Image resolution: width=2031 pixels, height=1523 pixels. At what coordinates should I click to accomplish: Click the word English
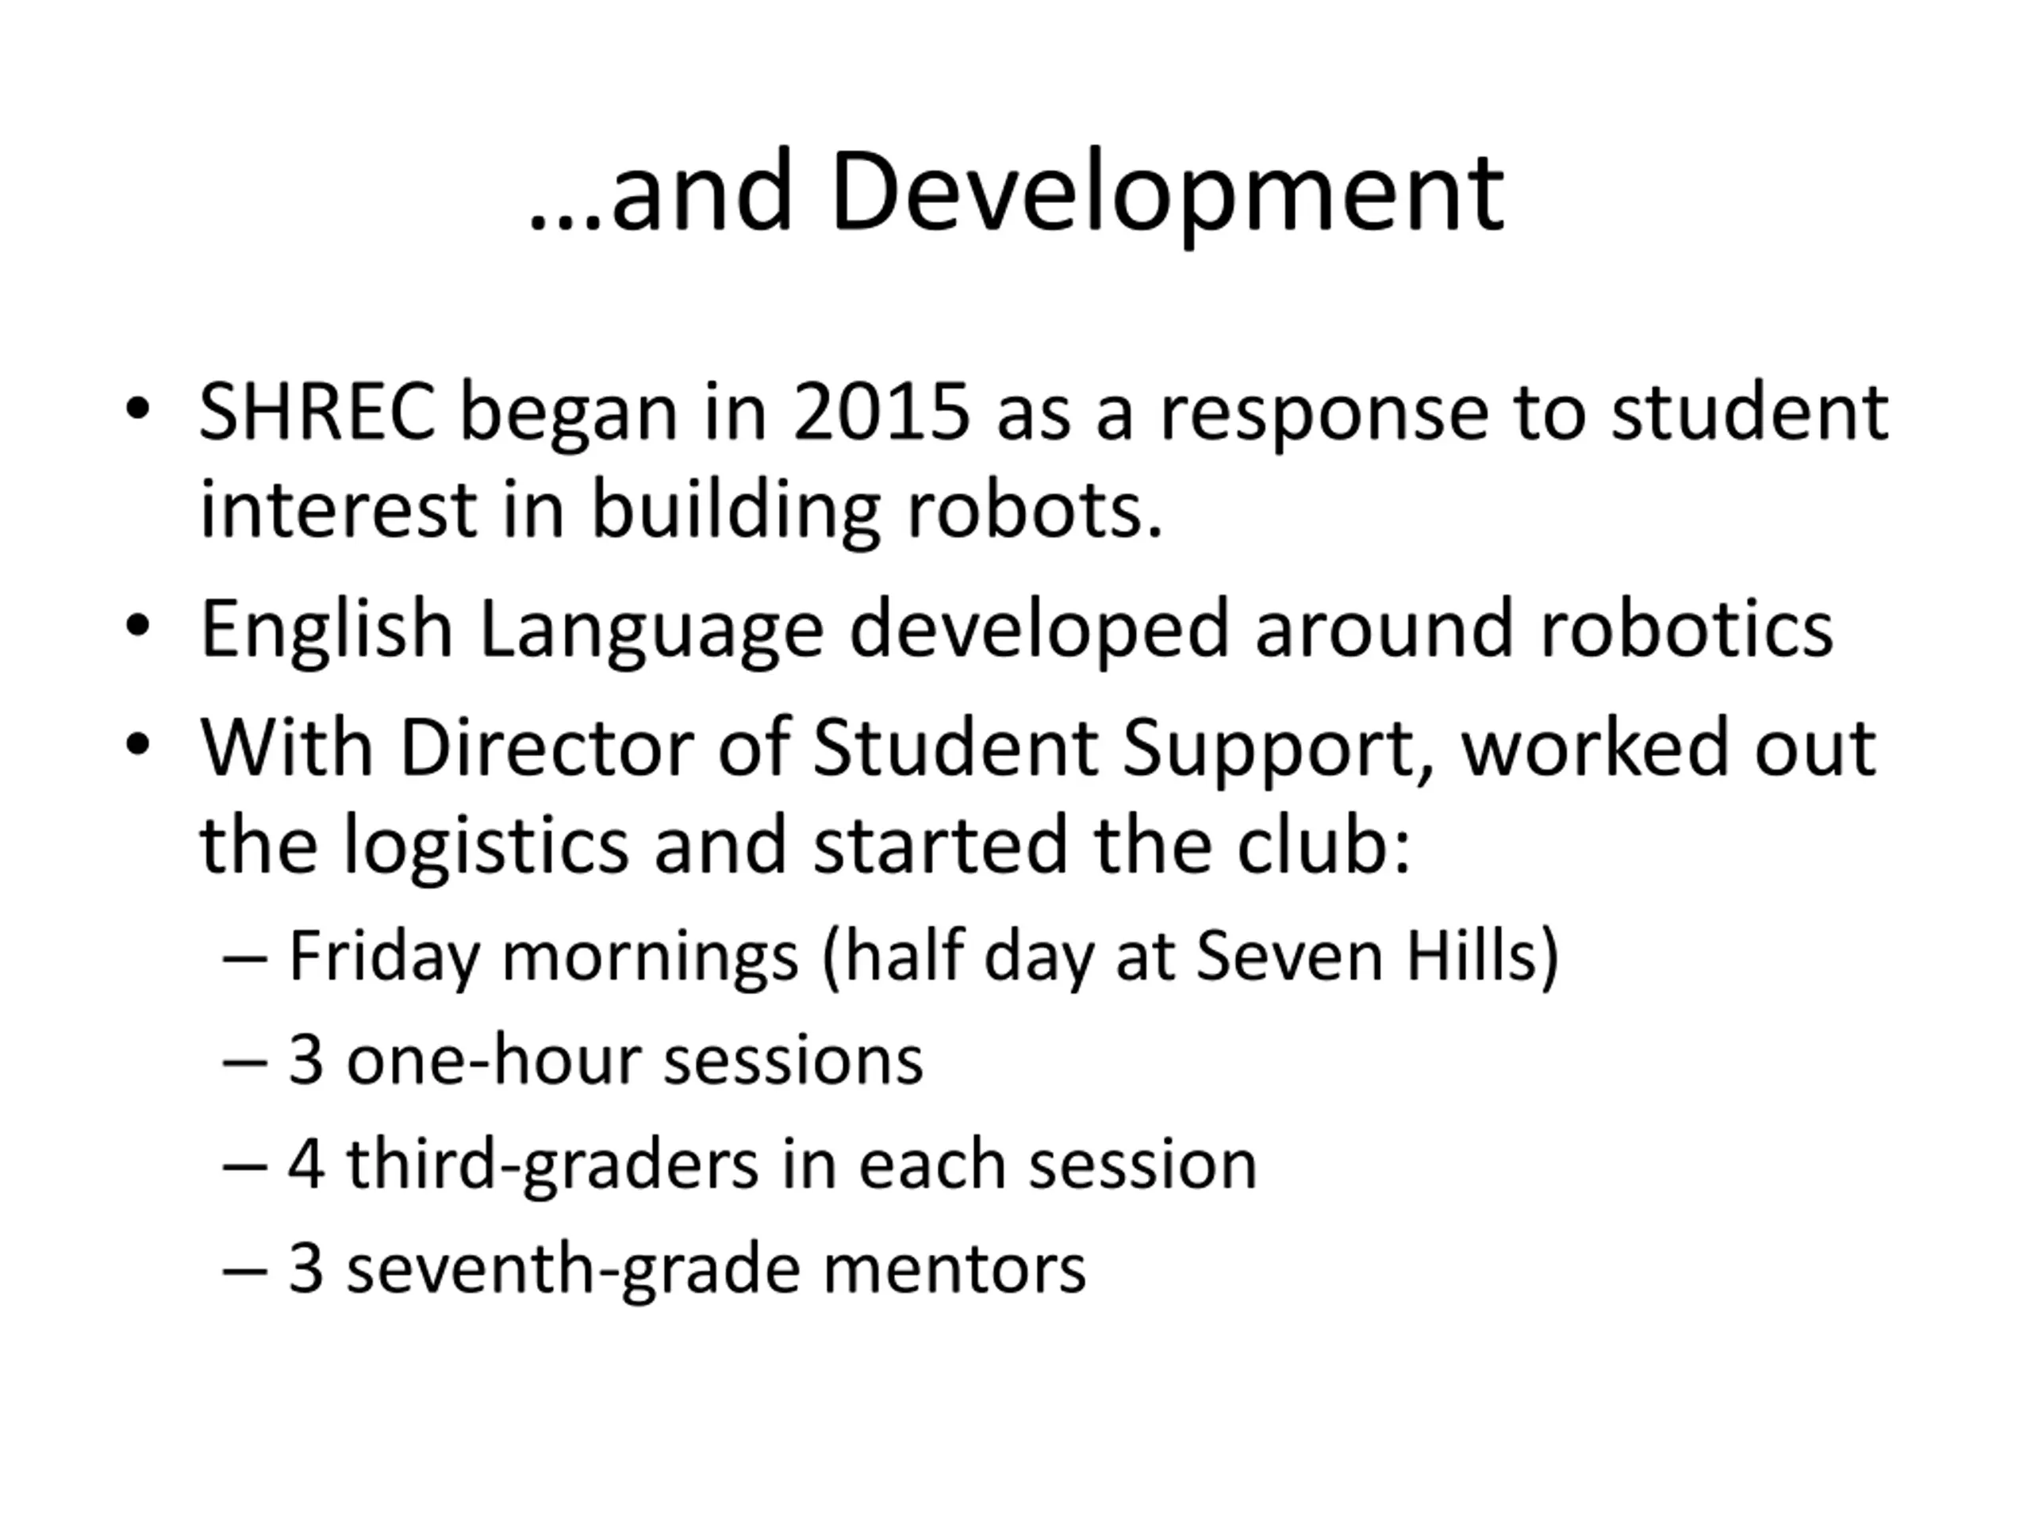[327, 630]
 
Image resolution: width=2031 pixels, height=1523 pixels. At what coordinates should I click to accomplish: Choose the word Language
[651, 630]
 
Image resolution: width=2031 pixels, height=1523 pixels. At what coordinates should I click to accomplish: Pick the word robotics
[1686, 629]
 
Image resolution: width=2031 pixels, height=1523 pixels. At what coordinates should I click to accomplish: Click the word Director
[547, 748]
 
